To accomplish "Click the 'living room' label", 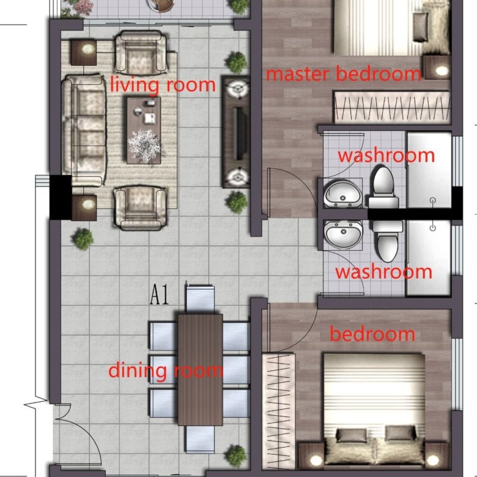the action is tap(163, 85).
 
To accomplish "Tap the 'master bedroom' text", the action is tap(344, 74).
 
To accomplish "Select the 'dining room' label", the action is tap(166, 371).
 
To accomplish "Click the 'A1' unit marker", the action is tap(160, 294).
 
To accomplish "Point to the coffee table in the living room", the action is tap(144, 130).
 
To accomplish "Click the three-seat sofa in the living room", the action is tap(84, 130).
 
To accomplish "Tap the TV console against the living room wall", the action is tap(237, 131).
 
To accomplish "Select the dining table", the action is tap(200, 369).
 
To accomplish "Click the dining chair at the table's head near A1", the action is tap(200, 298).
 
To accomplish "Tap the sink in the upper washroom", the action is tap(343, 193).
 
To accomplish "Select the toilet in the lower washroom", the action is tap(387, 241).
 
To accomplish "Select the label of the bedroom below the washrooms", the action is tap(372, 334).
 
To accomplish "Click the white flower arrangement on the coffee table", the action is tap(144, 146).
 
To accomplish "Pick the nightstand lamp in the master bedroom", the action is tap(442, 71).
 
